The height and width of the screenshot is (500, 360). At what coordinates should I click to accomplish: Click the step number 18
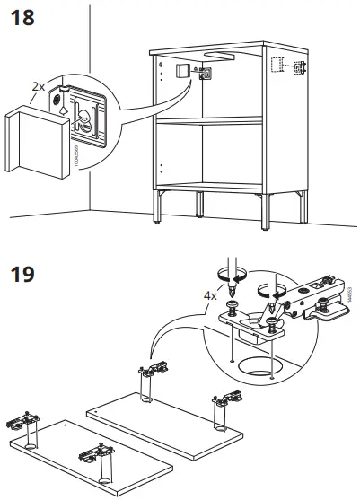click(22, 18)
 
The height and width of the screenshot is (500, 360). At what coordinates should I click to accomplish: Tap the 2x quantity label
click(38, 86)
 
